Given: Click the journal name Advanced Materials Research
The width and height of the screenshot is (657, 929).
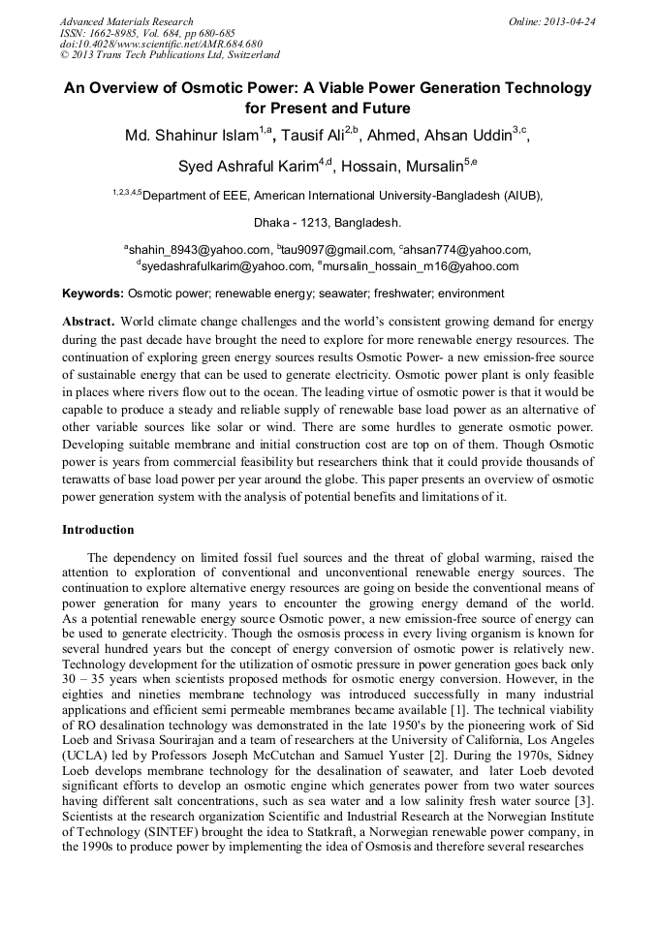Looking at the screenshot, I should click(127, 21).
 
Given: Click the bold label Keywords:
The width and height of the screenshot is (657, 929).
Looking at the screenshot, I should click(93, 293).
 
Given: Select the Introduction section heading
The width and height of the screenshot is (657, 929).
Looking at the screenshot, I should click(98, 530).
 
